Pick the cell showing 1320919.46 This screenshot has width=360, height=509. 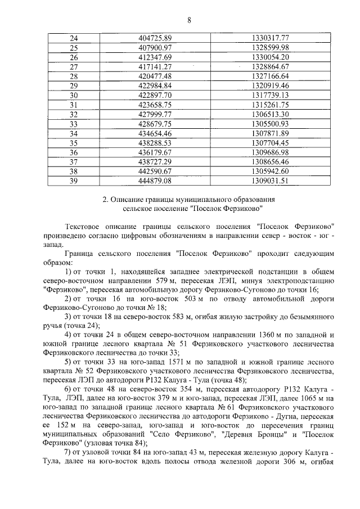270,85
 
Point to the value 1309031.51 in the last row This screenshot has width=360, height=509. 270,181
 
